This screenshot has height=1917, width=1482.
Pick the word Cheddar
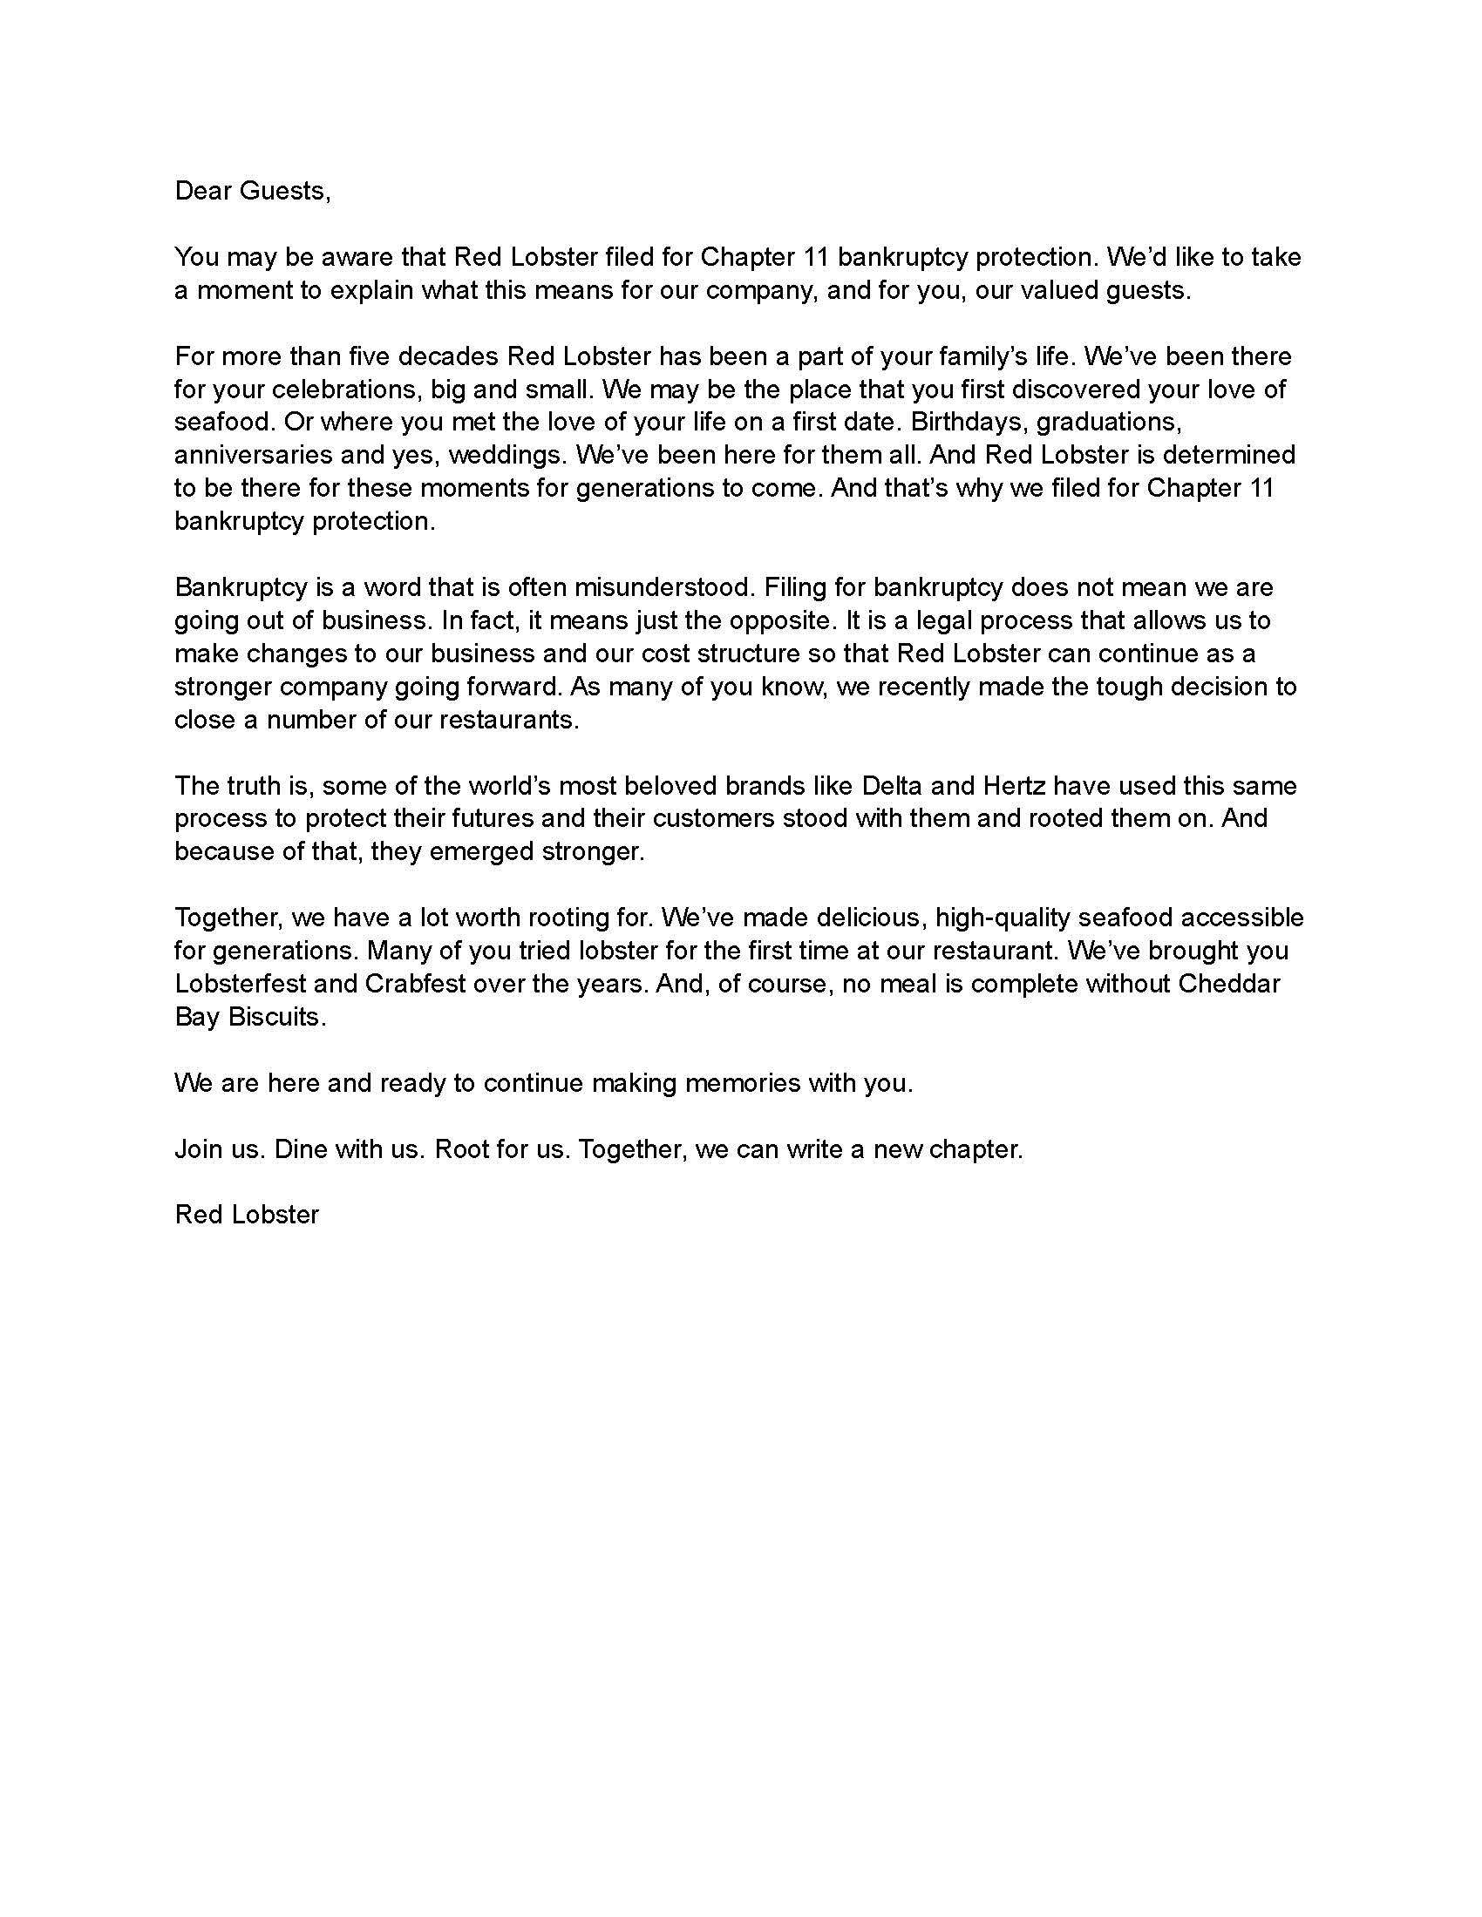click(x=1229, y=983)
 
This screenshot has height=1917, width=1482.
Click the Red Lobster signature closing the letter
click(x=247, y=1215)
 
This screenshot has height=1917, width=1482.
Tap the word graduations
click(x=1108, y=422)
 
